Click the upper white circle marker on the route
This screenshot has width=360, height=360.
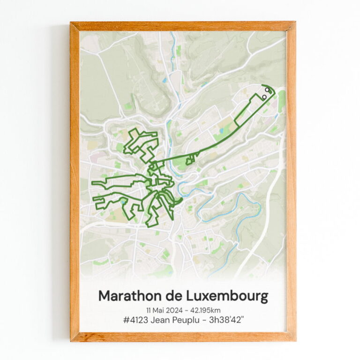pyautogui.click(x=267, y=89)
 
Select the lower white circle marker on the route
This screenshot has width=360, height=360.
pyautogui.click(x=264, y=97)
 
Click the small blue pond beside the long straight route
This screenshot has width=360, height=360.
pyautogui.click(x=221, y=131)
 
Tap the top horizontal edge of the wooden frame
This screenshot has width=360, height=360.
pyautogui.click(x=183, y=26)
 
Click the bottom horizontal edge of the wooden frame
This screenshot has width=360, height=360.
pyautogui.click(x=183, y=337)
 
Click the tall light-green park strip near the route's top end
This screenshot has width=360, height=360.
pyautogui.click(x=281, y=101)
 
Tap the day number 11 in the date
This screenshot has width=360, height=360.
pyautogui.click(x=149, y=310)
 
